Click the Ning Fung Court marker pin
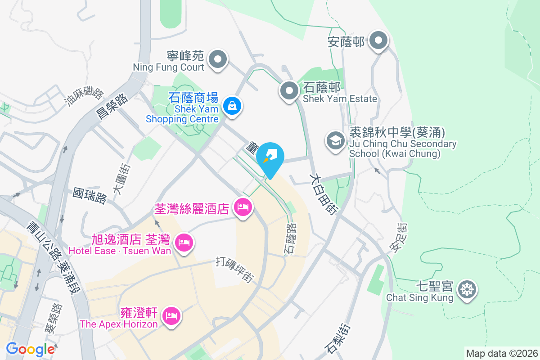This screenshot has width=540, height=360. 218,59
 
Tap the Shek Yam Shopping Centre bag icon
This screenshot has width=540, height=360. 232,106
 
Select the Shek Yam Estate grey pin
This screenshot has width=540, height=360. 289,91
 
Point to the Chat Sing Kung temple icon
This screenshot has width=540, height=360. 467,289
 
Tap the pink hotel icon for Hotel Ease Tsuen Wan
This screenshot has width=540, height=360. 184,243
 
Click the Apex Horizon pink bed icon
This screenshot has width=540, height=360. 171,315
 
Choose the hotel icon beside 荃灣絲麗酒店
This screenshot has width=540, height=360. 243,207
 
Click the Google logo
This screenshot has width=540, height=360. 30,349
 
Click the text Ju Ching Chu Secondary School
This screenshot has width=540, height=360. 403,149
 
